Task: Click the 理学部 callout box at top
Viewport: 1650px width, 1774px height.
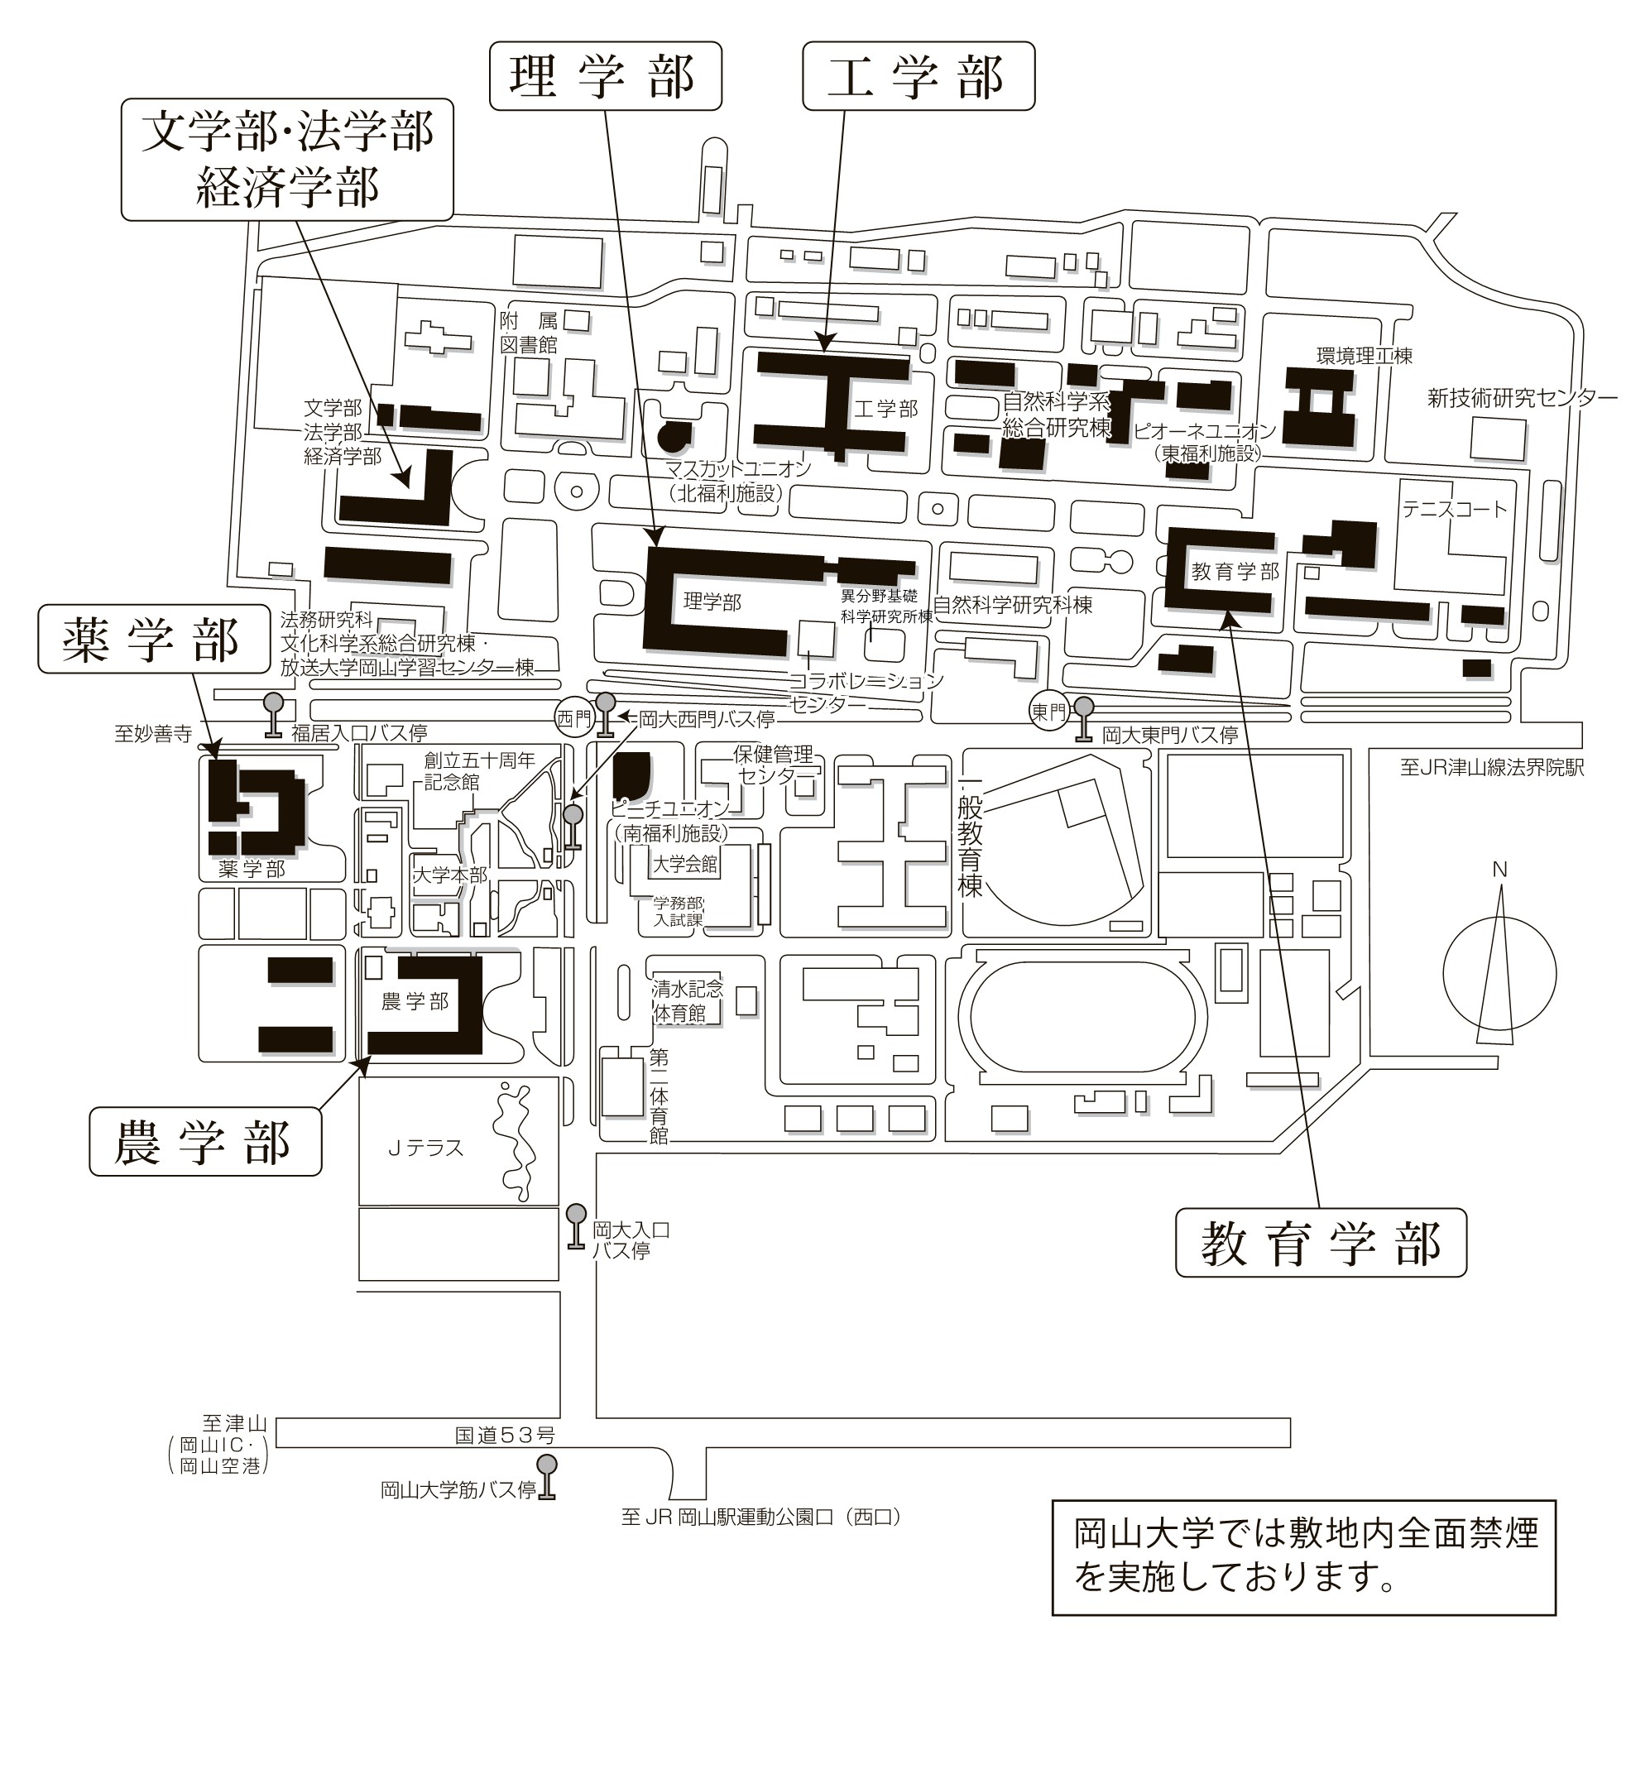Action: (604, 77)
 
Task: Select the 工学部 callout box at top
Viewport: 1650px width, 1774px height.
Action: (919, 77)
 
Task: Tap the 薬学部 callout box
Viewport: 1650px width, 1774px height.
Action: (153, 639)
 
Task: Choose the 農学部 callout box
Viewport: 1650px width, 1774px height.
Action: (204, 1141)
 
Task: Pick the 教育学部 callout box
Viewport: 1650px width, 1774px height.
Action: (1321, 1242)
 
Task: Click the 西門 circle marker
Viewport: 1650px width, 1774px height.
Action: (573, 717)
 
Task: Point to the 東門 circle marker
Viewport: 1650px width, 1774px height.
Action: (1049, 712)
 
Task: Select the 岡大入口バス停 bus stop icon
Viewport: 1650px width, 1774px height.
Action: (576, 1227)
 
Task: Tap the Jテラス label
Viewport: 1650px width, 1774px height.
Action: (425, 1148)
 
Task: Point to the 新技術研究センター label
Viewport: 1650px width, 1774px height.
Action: (1523, 398)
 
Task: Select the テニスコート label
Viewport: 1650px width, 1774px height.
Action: (1455, 509)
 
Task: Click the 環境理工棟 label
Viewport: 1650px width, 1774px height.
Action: (1365, 356)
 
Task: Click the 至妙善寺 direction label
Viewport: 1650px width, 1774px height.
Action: (152, 735)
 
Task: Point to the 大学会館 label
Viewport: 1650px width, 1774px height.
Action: (684, 864)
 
